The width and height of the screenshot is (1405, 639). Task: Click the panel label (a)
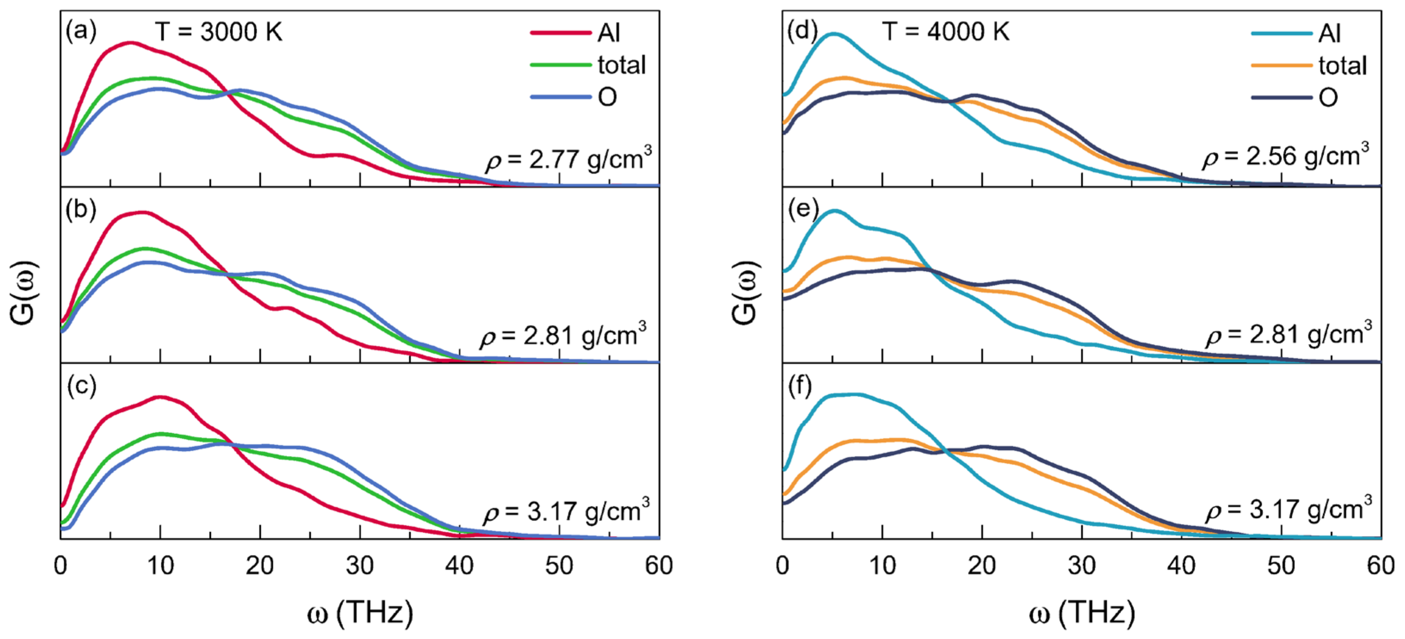tap(81, 32)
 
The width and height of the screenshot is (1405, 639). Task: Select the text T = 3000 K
tap(219, 32)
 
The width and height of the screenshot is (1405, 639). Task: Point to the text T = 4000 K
tap(946, 32)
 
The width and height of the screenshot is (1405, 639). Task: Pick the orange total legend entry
tap(1309, 65)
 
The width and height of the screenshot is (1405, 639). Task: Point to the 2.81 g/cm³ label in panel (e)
tap(1288, 334)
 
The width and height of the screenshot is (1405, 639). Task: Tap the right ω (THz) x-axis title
tap(1082, 612)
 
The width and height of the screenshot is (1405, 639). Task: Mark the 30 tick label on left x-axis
tap(359, 566)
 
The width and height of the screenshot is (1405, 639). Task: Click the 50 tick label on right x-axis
tap(1281, 566)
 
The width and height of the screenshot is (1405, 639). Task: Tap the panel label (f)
tap(800, 386)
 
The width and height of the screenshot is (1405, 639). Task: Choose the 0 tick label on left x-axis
tap(61, 566)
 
